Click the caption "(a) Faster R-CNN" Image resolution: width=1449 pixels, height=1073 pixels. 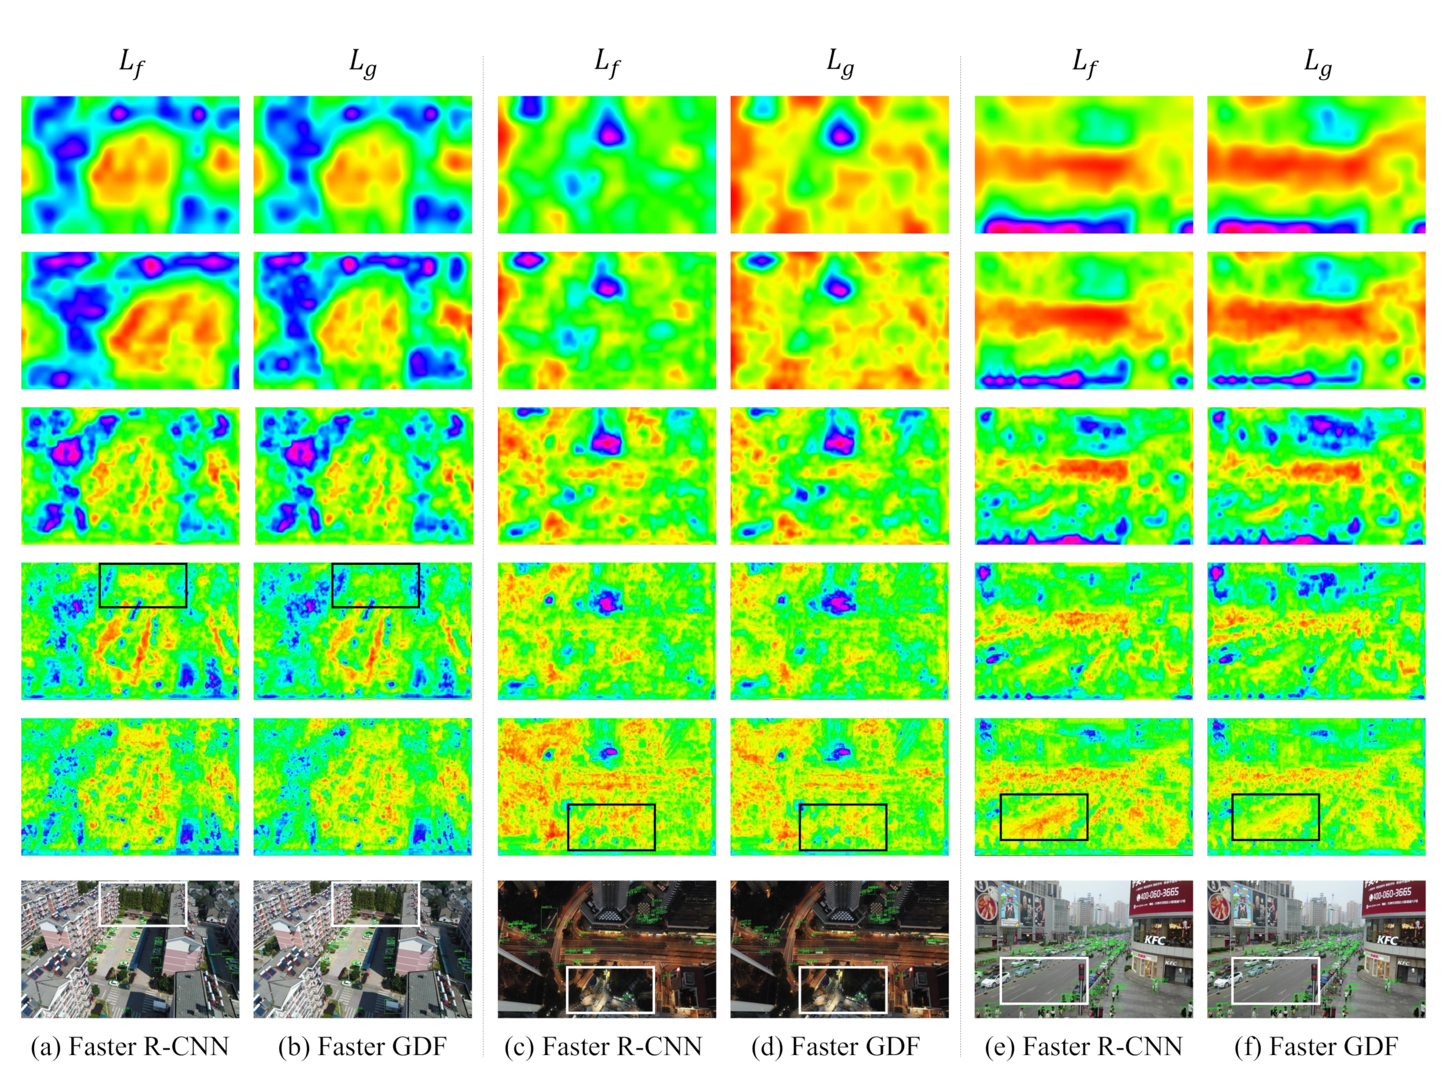[130, 1046]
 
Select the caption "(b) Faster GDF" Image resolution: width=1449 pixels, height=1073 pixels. [362, 1046]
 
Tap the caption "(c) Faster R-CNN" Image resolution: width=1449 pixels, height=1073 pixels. [603, 1046]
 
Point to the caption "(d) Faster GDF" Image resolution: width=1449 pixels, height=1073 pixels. [836, 1046]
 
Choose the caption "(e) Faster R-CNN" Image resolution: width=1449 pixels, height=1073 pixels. [1083, 1046]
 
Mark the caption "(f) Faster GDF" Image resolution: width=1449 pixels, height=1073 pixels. [1316, 1046]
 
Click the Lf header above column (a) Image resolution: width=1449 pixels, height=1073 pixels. [131, 64]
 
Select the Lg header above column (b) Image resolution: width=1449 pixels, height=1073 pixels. [362, 64]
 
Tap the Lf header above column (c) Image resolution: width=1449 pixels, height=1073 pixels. [607, 64]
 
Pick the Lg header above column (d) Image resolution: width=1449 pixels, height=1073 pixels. [840, 64]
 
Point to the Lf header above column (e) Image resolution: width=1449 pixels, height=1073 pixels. [1084, 64]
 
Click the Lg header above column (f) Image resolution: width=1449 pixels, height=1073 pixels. [1317, 64]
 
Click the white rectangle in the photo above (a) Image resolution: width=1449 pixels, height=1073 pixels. [143, 904]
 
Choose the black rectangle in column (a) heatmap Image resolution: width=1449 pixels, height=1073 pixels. [143, 585]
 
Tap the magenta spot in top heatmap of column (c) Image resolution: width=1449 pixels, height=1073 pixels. [610, 133]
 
